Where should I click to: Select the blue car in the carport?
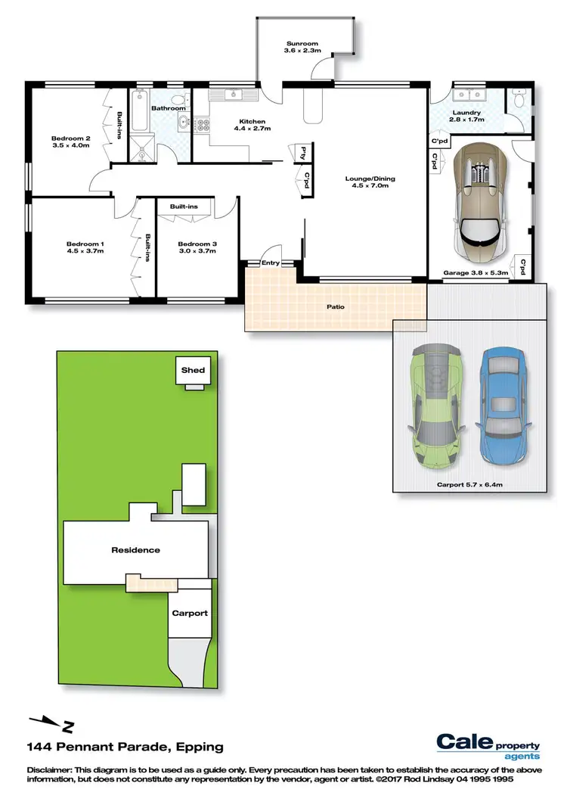click(500, 406)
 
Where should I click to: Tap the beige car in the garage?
click(479, 199)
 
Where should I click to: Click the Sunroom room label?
click(300, 47)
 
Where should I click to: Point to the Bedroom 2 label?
click(71, 141)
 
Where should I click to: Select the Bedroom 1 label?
click(85, 247)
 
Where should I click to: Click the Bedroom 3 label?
click(197, 247)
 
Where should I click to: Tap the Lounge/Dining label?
click(370, 182)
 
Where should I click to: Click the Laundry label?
click(466, 116)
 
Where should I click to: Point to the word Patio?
click(336, 307)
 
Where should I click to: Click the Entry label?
click(270, 263)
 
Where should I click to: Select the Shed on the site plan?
click(193, 370)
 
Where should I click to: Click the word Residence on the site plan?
click(136, 550)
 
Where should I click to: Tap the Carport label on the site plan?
click(189, 613)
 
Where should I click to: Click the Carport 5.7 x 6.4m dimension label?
click(469, 483)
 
